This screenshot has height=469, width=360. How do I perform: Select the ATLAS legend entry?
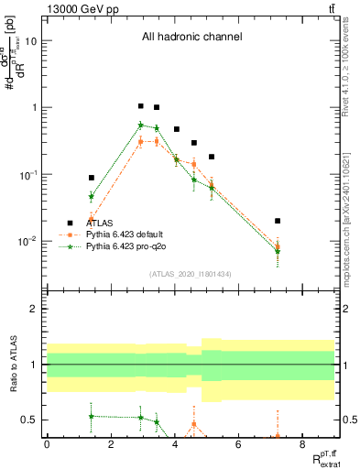pos(100,222)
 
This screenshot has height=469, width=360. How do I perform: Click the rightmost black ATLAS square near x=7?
pos(278,221)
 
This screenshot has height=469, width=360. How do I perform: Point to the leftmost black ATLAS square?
pos(92,178)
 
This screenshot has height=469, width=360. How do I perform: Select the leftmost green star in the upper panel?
pos(92,196)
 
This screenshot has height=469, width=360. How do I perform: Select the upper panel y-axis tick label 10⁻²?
pos(28,242)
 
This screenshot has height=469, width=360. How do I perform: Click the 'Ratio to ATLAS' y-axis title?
pos(12,365)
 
